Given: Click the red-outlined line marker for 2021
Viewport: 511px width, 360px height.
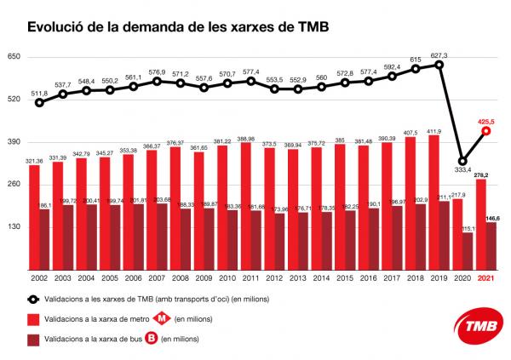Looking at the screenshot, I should pyautogui.click(x=485, y=131).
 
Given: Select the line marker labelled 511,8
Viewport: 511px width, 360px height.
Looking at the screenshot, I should pyautogui.click(x=39, y=103).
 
